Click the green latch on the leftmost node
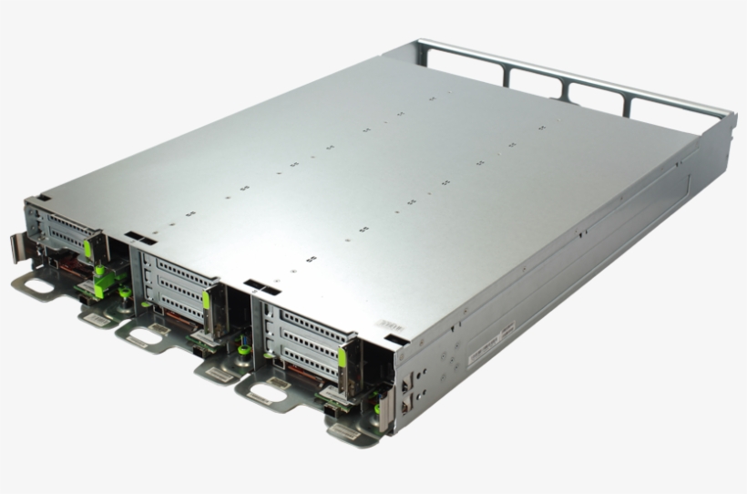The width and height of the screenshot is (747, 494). pos(88,248)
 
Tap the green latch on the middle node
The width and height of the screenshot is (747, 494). pos(207,300)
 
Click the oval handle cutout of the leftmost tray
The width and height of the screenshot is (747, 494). pos(38,285)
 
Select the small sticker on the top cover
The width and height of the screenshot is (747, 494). pos(389,324)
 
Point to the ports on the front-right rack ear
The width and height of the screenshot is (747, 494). pos(405,391)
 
